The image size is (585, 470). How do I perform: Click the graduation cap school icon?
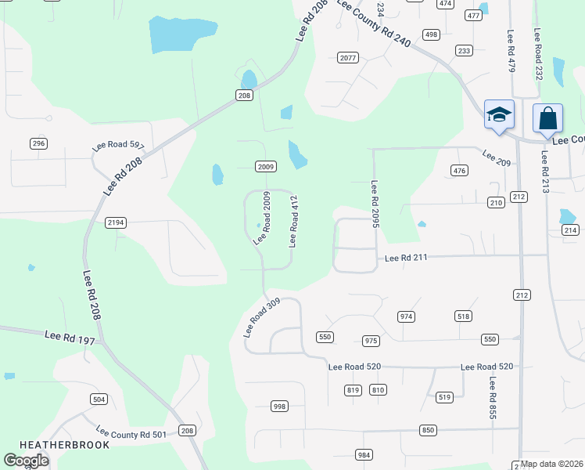(x=499, y=114)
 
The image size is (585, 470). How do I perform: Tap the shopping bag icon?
(x=547, y=118)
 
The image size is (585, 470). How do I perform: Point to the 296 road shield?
(x=38, y=143)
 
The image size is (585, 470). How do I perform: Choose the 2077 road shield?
(x=348, y=58)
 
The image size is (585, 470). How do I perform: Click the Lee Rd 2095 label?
(x=375, y=204)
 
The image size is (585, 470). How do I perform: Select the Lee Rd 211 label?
(x=405, y=258)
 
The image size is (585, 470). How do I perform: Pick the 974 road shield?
(x=405, y=316)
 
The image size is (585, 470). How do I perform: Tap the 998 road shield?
(x=279, y=406)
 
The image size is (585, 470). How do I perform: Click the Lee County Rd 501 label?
(x=131, y=433)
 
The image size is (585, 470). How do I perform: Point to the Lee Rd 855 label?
(x=493, y=398)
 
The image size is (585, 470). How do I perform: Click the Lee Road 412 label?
(x=294, y=222)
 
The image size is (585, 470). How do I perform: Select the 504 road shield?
(x=99, y=399)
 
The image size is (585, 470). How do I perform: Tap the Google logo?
(x=26, y=460)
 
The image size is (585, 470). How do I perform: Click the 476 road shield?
(x=459, y=170)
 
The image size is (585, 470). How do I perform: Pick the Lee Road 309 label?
(x=261, y=316)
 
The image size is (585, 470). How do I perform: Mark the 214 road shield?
(x=569, y=230)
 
